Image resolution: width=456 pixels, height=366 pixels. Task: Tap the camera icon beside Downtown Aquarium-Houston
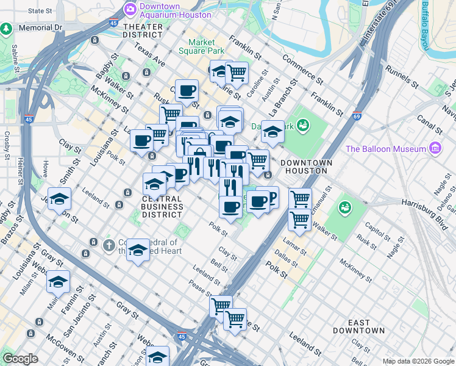pos(129,9)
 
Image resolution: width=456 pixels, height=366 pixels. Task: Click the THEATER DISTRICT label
pos(143,31)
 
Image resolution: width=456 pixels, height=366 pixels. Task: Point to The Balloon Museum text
pos(385,149)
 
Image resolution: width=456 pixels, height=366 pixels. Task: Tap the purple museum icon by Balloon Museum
pos(434,148)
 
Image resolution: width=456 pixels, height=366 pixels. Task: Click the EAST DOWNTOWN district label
pos(358,326)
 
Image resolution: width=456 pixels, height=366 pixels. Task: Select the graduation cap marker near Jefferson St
pos(60,199)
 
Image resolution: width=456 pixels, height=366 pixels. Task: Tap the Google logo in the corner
pos(20,359)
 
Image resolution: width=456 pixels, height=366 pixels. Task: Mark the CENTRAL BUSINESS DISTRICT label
pos(162,207)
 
